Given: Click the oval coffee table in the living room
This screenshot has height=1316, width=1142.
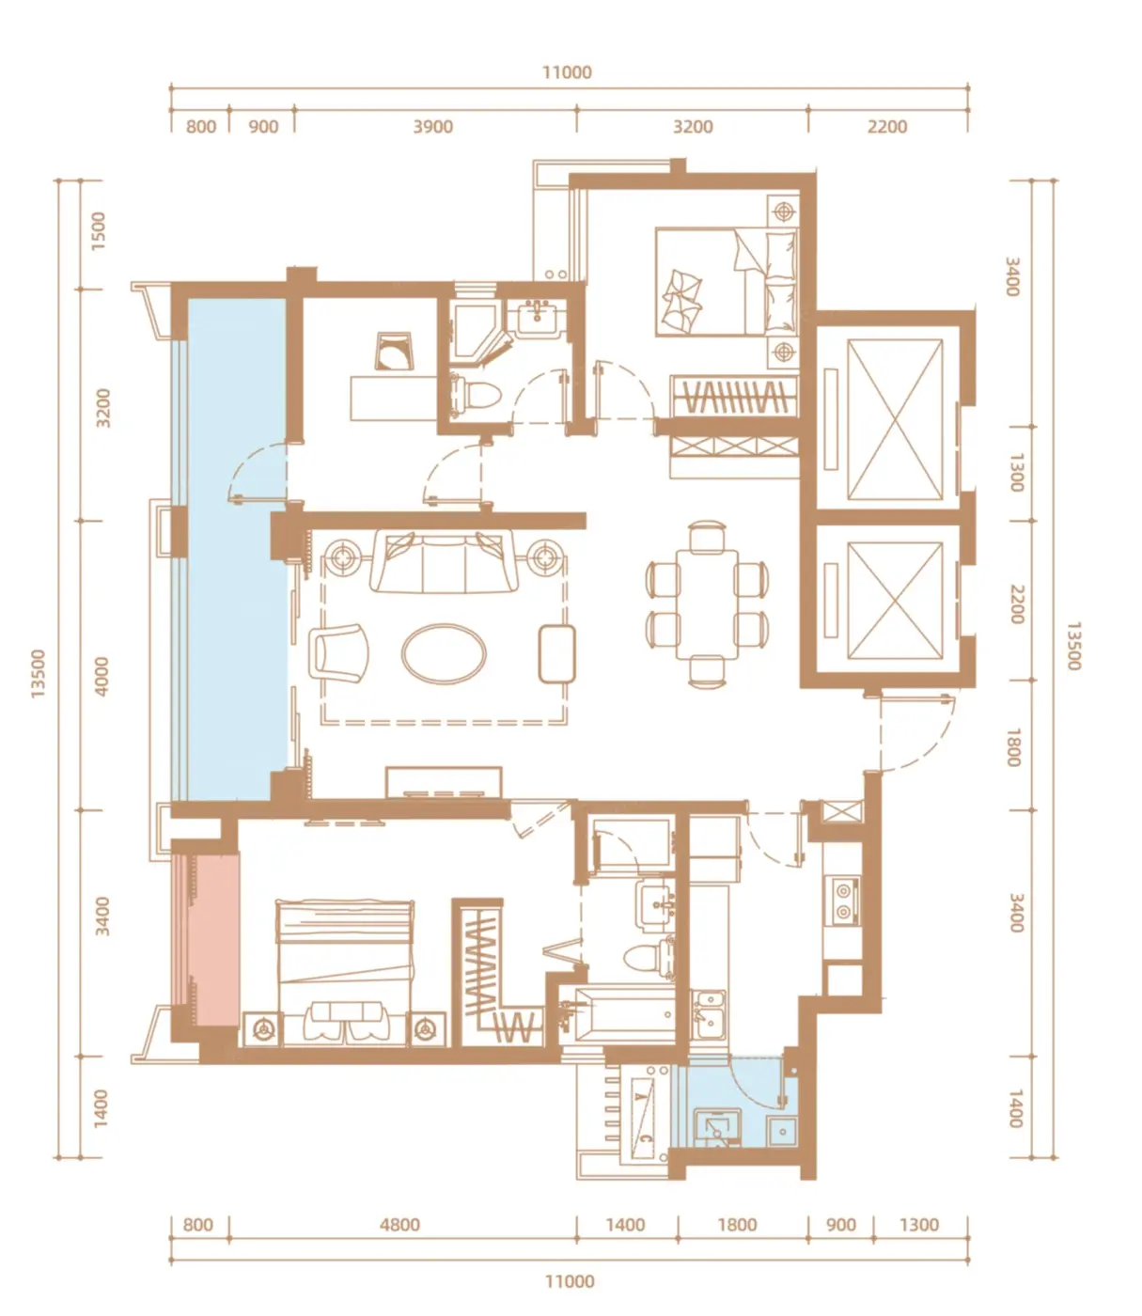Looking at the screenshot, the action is point(443,653).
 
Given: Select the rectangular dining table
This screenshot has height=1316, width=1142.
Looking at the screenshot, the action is point(707,603).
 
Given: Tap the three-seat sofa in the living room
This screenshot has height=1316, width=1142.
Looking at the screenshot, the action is point(443,561).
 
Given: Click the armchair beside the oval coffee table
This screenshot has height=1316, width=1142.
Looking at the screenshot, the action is point(338,652).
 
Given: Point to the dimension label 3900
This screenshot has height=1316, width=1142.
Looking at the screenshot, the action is point(432,127).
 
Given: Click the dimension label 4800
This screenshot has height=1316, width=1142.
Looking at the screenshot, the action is point(399,1224).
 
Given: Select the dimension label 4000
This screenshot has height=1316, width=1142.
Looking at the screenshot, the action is point(101,676).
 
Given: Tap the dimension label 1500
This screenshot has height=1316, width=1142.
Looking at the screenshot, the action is point(98,231).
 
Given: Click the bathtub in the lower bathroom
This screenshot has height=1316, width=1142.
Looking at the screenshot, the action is point(622,1014).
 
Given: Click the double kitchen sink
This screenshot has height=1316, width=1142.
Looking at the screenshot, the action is point(709,1014).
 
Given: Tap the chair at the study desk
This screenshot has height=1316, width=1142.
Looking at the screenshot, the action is point(394,352).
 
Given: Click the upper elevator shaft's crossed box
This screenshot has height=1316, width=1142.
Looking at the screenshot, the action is point(895,419).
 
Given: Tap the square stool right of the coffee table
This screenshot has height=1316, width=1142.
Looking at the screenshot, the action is point(556,653).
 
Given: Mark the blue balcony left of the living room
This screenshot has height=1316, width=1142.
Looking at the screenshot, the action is point(237,549).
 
